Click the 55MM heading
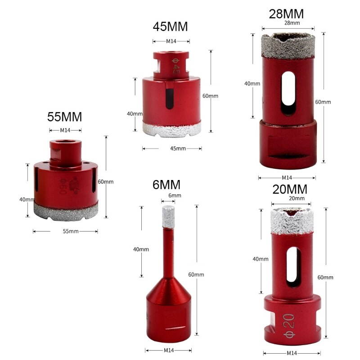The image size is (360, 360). [65, 117]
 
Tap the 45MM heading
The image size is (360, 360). [170, 27]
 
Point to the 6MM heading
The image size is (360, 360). [166, 184]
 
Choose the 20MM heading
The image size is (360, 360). [290, 189]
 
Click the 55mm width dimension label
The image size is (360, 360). [70, 231]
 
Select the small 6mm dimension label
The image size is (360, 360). [174, 195]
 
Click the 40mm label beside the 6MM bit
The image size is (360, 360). [141, 249]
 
